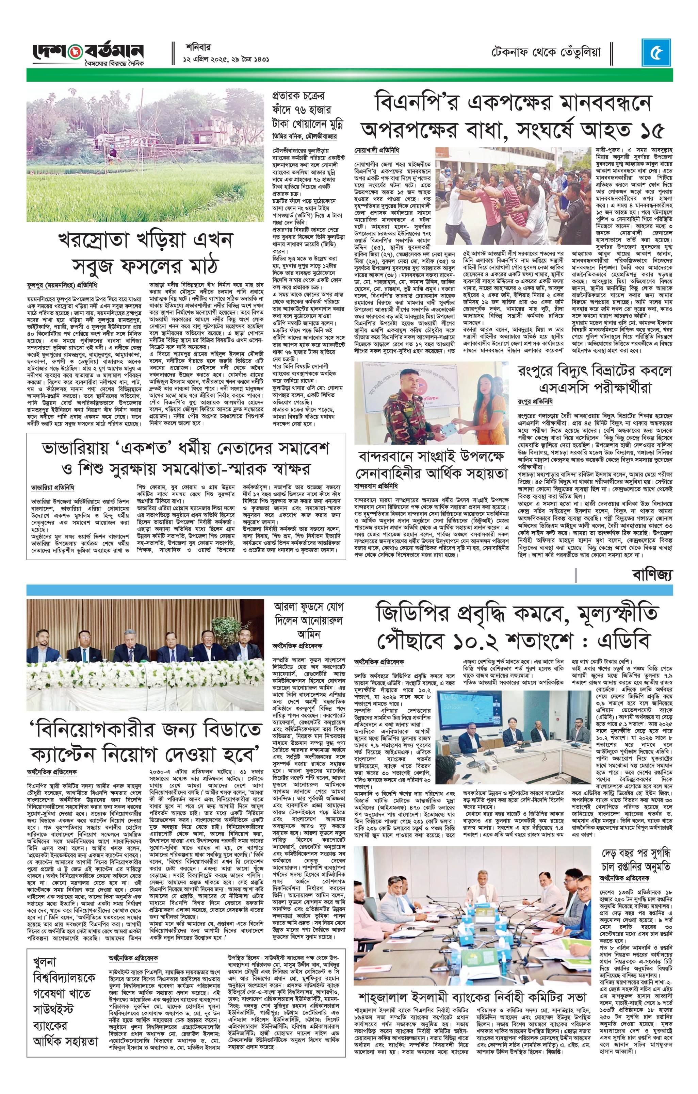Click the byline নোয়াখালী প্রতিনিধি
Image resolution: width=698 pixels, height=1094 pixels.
pos(377,149)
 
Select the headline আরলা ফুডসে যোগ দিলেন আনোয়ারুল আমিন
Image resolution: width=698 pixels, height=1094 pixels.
pos(307,620)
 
